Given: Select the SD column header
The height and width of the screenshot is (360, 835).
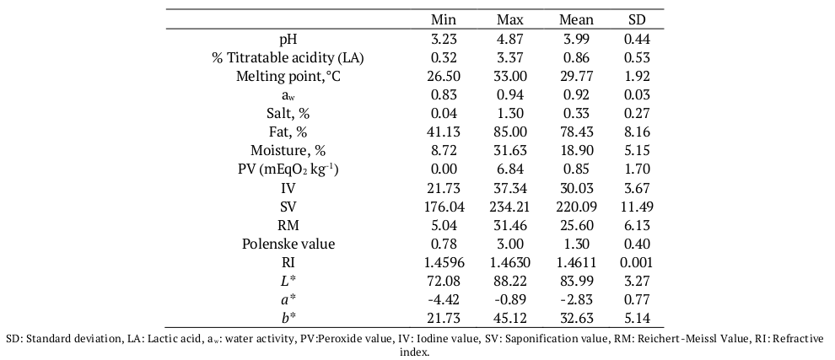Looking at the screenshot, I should coord(637,19).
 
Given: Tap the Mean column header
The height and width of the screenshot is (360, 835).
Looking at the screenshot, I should coord(576,19).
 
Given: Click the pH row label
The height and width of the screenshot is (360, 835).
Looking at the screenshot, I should coord(288,40).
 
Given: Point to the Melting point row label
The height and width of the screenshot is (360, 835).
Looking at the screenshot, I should coord(288,77).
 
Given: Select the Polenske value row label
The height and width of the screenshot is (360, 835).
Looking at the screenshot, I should coord(288,244).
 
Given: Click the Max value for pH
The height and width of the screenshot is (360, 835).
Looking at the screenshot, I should coord(512,40).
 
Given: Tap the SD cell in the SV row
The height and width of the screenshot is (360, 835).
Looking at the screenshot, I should coord(637,207).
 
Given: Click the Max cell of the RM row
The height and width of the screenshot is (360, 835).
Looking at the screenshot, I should coord(512,225).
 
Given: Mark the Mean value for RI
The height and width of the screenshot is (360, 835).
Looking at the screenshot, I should coord(576,262).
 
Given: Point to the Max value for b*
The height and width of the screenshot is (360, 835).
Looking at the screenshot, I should coord(512,318).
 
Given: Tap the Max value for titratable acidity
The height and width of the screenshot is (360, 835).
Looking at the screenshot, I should coord(512,58).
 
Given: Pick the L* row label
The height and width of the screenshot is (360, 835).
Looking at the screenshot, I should coord(288,281).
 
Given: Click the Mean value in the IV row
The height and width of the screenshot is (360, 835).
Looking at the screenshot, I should coord(576,188).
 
